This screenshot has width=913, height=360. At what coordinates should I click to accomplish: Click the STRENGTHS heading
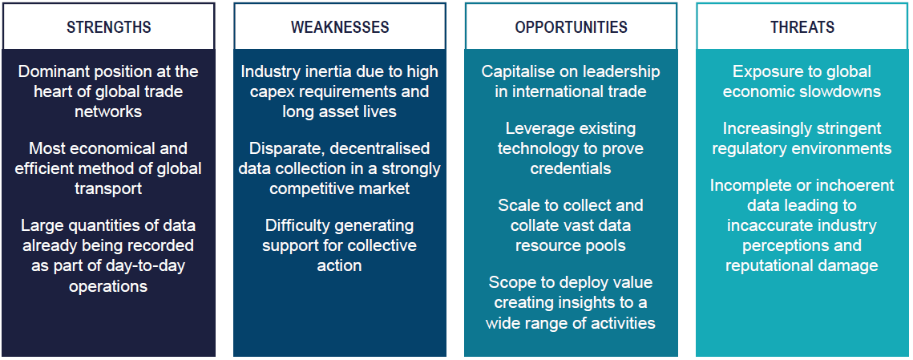(x=109, y=27)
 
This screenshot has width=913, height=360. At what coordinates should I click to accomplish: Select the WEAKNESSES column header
(x=340, y=27)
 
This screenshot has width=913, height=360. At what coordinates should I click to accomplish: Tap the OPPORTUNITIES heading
(x=572, y=27)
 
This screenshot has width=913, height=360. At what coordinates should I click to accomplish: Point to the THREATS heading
(x=802, y=27)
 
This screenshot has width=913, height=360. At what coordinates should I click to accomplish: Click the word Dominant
(x=54, y=71)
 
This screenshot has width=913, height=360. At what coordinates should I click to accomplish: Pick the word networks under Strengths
(x=108, y=111)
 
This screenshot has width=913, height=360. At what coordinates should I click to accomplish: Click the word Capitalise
(x=516, y=71)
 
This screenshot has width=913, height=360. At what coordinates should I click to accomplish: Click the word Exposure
(x=764, y=71)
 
